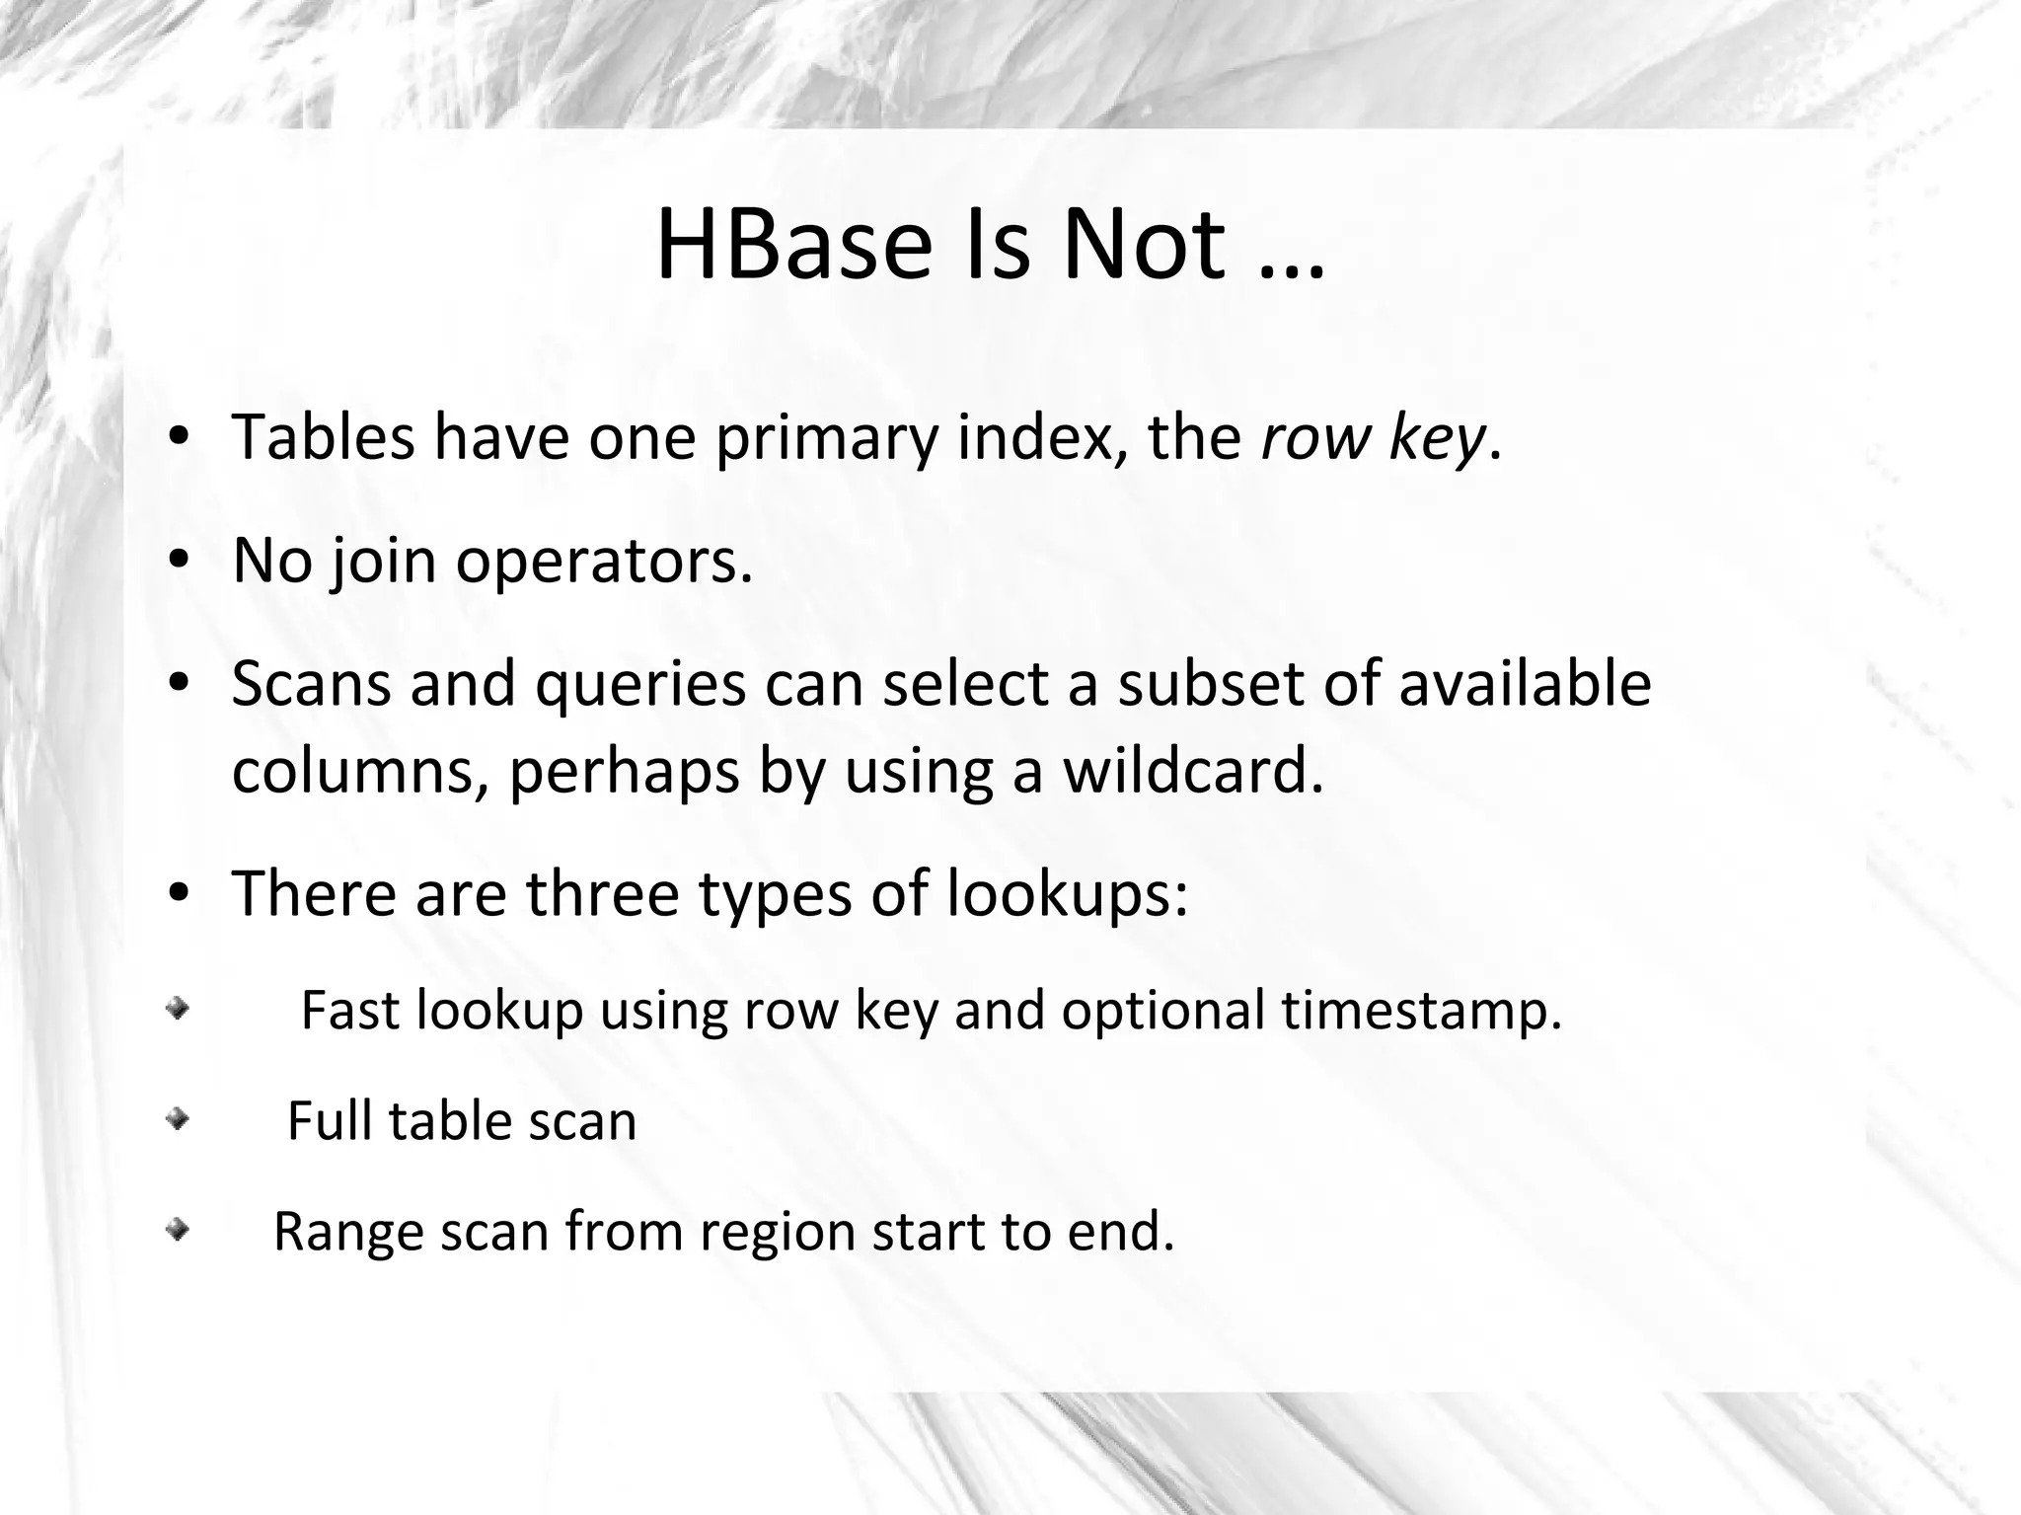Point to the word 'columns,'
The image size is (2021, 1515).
[360, 773]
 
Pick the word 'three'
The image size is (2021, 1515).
[602, 893]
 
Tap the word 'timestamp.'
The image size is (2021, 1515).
[1422, 1011]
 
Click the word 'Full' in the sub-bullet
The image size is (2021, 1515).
[330, 1121]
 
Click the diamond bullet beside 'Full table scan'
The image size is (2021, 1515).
[177, 1120]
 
